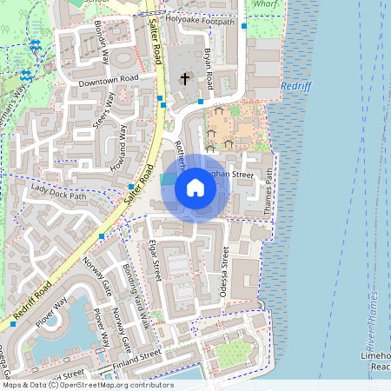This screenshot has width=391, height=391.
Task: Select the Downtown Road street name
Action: pos(108,80)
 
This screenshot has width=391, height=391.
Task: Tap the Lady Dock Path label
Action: pos(59,192)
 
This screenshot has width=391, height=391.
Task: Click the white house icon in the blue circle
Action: pos(195,188)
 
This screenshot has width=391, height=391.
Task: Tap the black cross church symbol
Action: pos(184,79)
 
